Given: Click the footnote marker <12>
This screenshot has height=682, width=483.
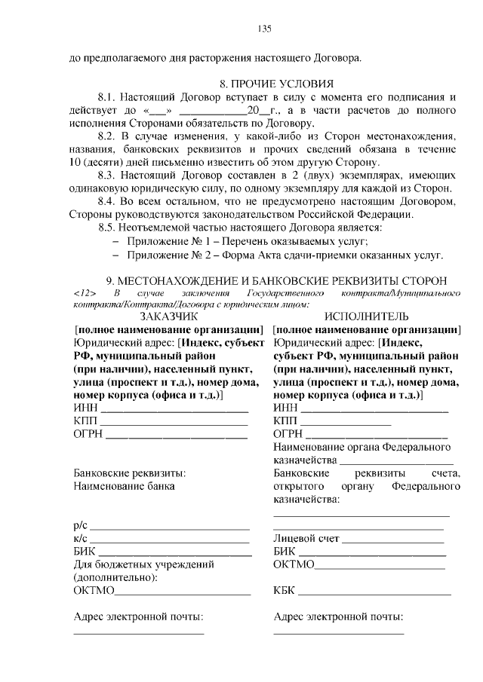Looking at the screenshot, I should [85, 292].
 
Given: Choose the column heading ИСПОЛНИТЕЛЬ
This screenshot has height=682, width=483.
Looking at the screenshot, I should [367, 317].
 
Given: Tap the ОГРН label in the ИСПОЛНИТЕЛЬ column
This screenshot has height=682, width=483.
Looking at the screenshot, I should [290, 435].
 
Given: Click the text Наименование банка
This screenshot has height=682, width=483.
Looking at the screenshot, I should [124, 486].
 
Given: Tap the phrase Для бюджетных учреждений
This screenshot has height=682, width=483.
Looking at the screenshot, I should [143, 564].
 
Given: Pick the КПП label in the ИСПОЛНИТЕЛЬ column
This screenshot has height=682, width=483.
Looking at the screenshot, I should [286, 421].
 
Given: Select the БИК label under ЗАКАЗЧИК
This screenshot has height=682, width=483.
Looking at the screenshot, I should [85, 552].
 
